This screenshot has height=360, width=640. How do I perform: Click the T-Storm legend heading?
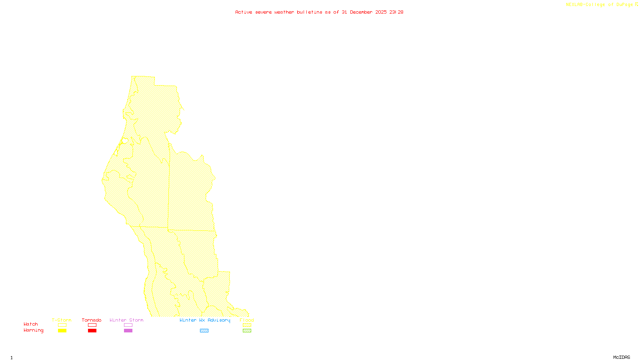[x=62, y=320]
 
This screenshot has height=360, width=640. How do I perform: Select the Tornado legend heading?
[x=92, y=320]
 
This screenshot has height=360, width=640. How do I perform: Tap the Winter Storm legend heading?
[x=126, y=320]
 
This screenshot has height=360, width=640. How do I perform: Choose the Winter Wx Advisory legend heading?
[x=205, y=320]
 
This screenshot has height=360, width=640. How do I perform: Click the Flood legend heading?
[x=247, y=320]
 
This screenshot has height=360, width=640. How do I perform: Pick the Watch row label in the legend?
[x=31, y=324]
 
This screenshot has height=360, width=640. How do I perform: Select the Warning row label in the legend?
[x=34, y=330]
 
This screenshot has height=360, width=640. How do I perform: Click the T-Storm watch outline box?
[x=62, y=325]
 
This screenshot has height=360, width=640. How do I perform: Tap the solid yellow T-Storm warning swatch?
[x=62, y=331]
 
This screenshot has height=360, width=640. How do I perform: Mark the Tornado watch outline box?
[x=92, y=325]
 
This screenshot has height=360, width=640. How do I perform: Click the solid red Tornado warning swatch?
[x=92, y=331]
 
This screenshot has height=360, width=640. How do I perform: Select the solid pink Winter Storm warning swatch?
[x=128, y=331]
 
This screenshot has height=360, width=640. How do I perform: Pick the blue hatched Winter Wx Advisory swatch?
[x=204, y=331]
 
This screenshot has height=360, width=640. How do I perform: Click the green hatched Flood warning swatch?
[x=247, y=331]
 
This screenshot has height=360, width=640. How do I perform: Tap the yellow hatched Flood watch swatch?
[x=247, y=325]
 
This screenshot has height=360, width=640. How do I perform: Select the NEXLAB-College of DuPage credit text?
[x=599, y=4]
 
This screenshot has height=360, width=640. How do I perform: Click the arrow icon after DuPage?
[x=636, y=4]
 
